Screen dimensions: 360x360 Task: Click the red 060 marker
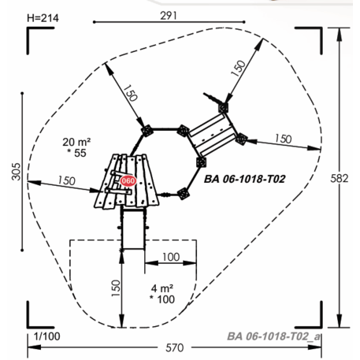128,180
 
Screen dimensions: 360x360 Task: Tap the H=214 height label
43,18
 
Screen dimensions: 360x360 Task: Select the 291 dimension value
169,16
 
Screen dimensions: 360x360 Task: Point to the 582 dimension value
340,178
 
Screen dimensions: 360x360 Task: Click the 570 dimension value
175,348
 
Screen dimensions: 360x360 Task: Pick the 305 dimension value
16,172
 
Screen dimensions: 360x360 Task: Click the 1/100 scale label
47,336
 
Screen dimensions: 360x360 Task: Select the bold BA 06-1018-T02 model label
245,179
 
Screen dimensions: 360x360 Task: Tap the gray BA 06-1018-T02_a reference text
273,336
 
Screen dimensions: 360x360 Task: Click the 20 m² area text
76,142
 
